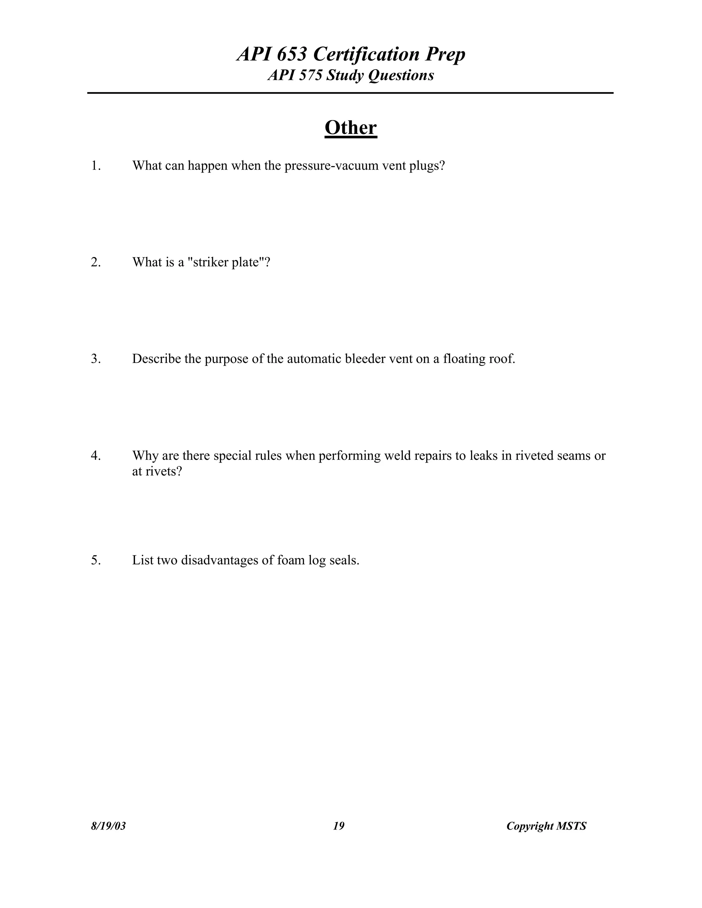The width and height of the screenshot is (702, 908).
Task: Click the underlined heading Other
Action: coord(351,128)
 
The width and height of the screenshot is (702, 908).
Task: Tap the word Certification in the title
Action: coord(366,54)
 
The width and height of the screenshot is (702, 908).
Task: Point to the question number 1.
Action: coord(96,166)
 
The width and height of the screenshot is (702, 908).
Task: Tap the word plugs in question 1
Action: coord(427,166)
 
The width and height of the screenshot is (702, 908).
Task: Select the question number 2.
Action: coord(96,262)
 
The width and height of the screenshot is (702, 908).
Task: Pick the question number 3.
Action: coord(96,359)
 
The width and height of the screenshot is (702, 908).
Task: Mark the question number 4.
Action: coord(96,456)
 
